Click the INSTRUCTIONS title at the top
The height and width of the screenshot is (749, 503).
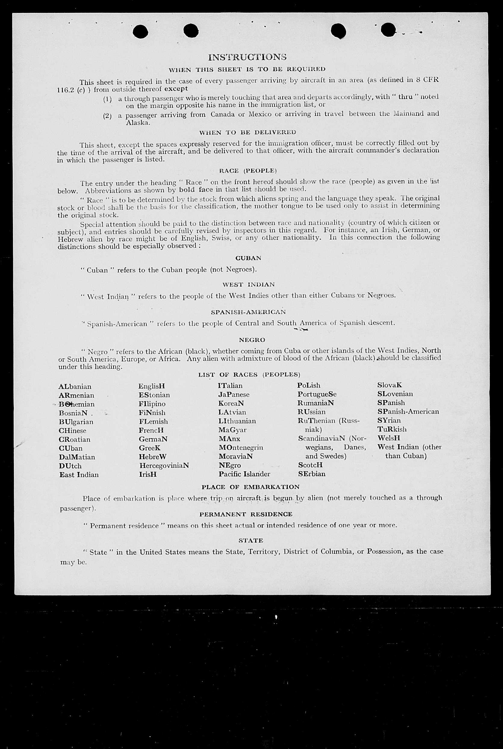tap(247, 57)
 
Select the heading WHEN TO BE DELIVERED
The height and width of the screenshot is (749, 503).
tap(247, 132)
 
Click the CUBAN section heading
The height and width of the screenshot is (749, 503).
tap(248, 258)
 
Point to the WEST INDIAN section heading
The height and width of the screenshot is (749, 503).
tap(248, 284)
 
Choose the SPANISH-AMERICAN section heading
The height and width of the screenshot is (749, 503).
tap(248, 312)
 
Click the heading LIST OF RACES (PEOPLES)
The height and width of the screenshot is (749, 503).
tap(249, 374)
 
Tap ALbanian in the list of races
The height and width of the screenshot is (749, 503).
tap(75, 387)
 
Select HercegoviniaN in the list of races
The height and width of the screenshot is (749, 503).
tap(164, 465)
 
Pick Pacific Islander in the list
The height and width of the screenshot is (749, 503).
tap(244, 474)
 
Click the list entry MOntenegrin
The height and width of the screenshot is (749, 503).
tap(241, 447)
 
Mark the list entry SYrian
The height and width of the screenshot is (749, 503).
tap(389, 420)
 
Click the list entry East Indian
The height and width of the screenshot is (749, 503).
tap(79, 474)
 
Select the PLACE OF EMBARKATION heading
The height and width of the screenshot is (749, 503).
tap(250, 486)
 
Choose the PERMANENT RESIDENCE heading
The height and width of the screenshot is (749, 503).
tap(246, 514)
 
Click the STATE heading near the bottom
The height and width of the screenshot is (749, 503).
tap(250, 540)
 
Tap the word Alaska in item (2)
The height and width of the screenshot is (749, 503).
tap(137, 123)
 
